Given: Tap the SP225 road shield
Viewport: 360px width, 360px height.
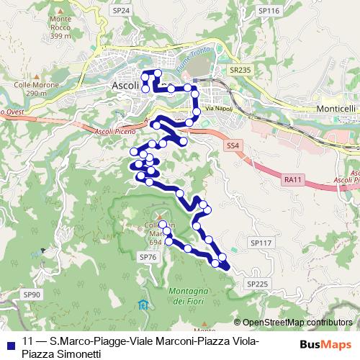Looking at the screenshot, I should pos(257,284).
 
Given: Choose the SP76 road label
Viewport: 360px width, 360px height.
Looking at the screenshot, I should pos(147,257).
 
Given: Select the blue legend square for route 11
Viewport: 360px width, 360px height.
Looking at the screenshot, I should pos(8,343).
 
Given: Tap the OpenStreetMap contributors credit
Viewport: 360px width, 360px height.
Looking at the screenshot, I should pos(297,322).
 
